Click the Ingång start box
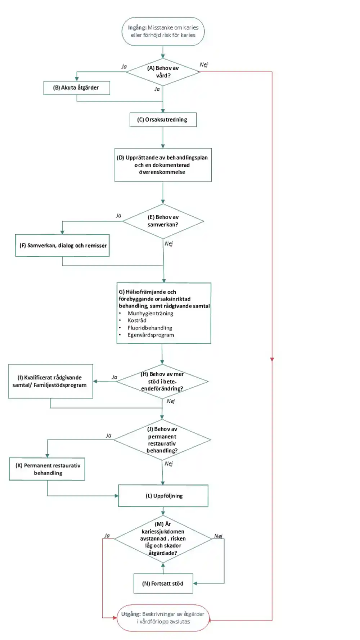163,31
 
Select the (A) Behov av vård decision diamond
163,72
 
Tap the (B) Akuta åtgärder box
77,88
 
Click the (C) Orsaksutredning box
163,120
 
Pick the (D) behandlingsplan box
163,165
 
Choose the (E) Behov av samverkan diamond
163,221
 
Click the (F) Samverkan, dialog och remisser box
62,245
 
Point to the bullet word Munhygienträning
150,314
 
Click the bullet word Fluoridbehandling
150,328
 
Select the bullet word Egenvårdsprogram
150,335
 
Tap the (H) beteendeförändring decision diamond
162,382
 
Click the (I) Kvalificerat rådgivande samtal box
50,381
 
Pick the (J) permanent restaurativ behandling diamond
162,440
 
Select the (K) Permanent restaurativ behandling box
47,469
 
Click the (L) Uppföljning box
163,496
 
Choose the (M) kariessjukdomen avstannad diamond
163,539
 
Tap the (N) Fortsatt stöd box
163,583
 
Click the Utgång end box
163,618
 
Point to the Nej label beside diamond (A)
204,65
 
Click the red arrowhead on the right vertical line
272,359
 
